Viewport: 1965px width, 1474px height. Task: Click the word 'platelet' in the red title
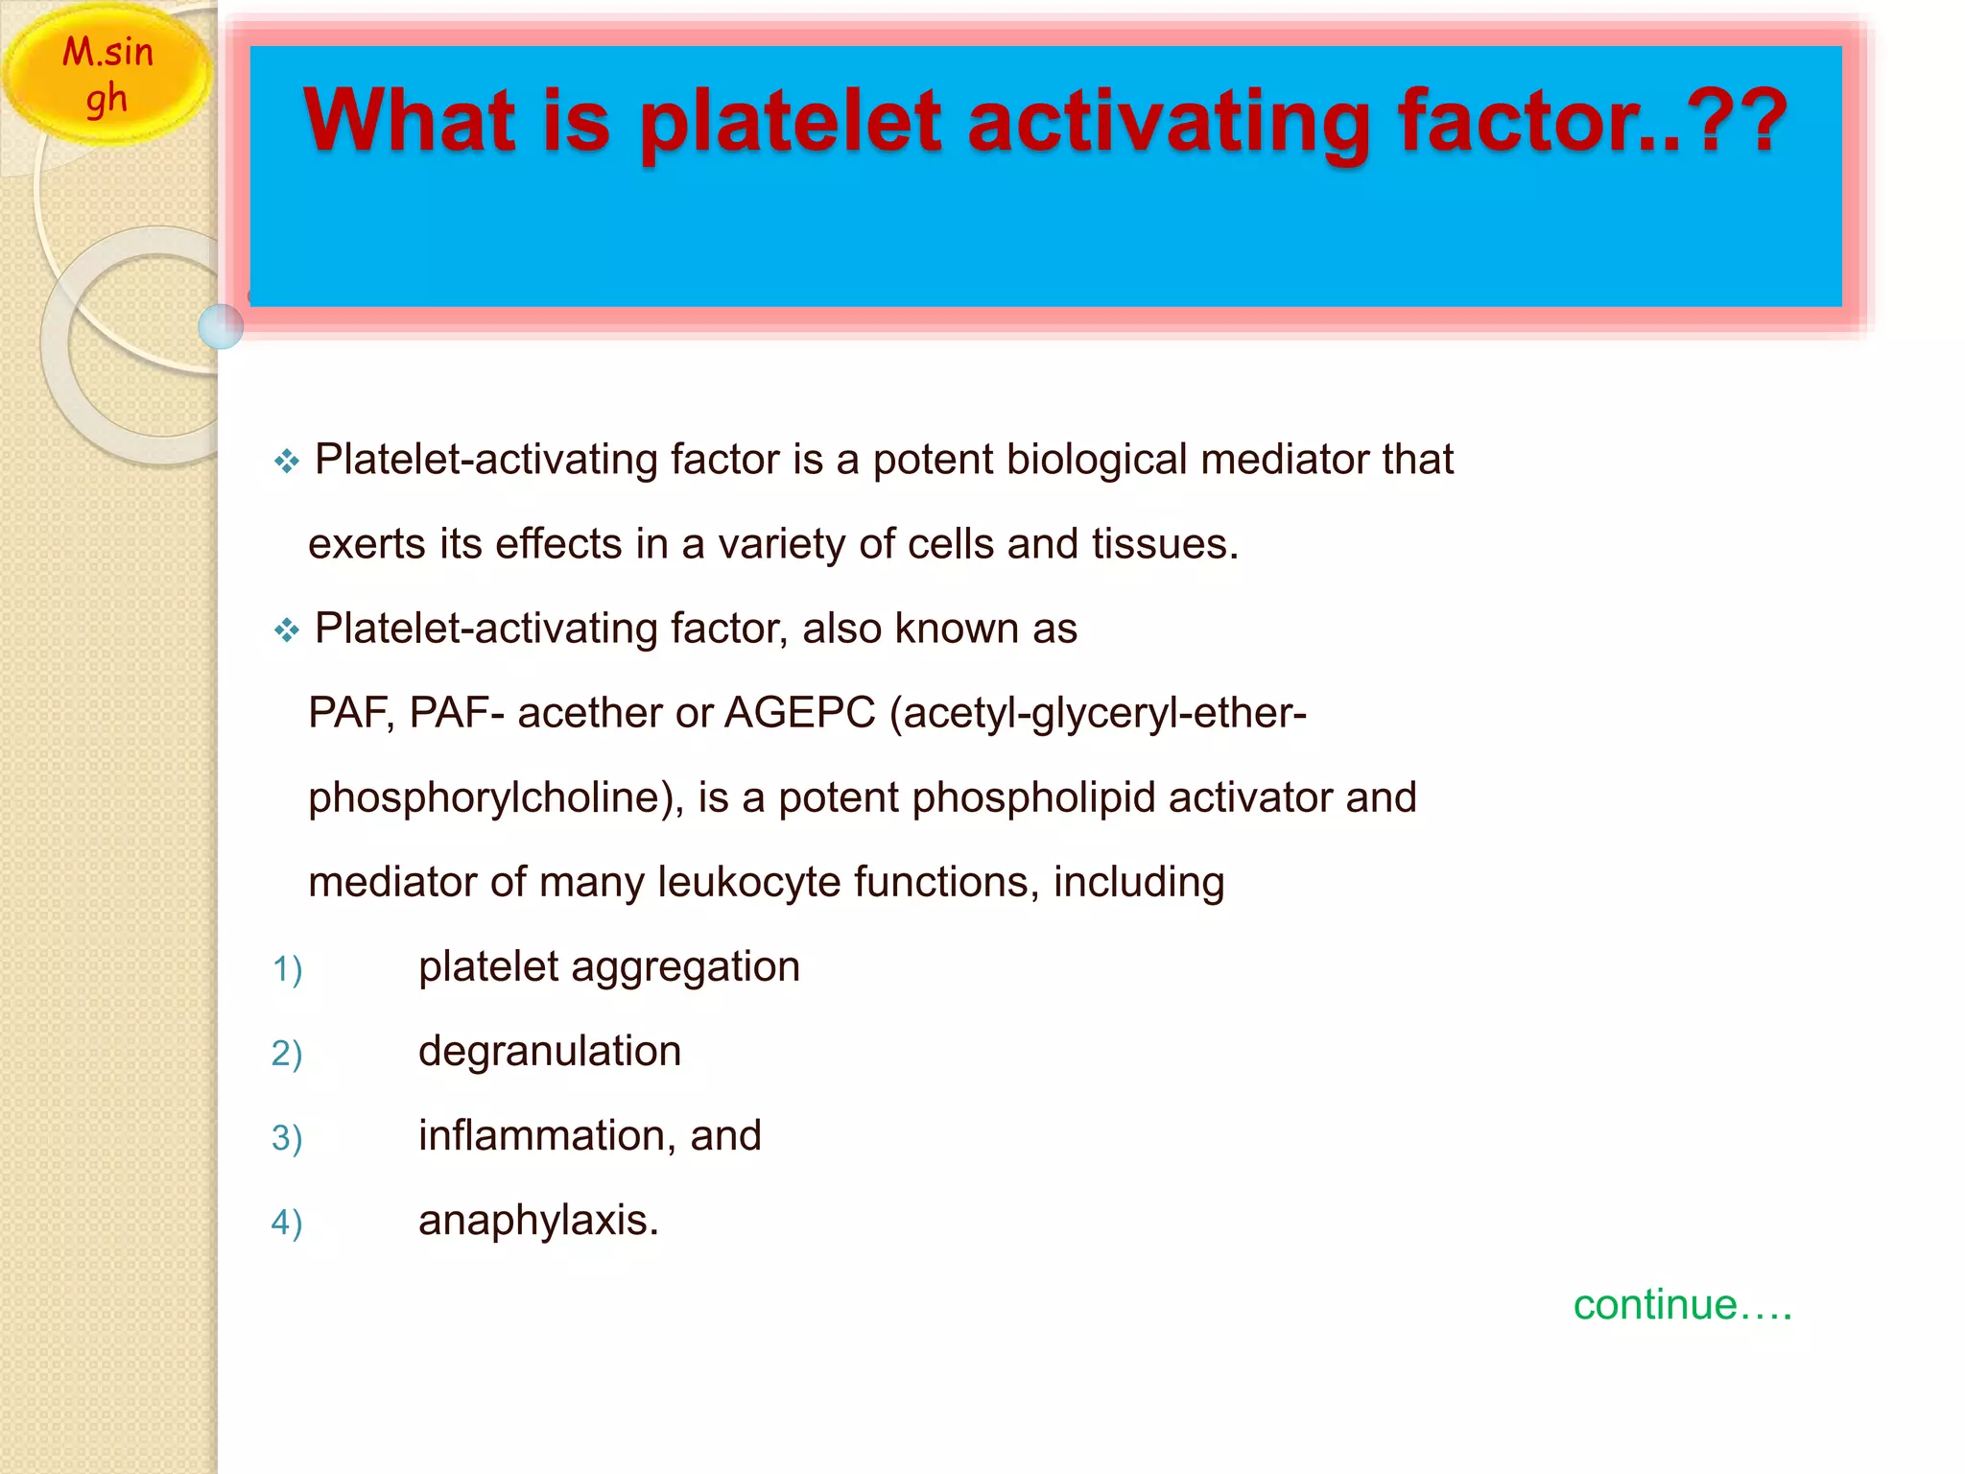point(789,122)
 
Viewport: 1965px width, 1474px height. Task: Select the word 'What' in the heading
point(411,122)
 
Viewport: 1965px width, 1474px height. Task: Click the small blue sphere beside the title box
point(221,326)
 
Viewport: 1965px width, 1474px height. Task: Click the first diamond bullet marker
point(286,462)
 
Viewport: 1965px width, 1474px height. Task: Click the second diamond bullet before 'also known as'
point(286,630)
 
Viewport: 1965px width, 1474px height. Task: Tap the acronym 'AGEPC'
point(799,713)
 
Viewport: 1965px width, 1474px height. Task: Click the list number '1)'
point(286,968)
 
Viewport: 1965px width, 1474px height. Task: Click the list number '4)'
point(286,1222)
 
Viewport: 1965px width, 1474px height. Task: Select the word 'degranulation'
point(550,1051)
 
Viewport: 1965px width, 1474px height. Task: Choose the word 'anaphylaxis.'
point(538,1220)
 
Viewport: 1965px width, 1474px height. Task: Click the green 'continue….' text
point(1682,1305)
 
